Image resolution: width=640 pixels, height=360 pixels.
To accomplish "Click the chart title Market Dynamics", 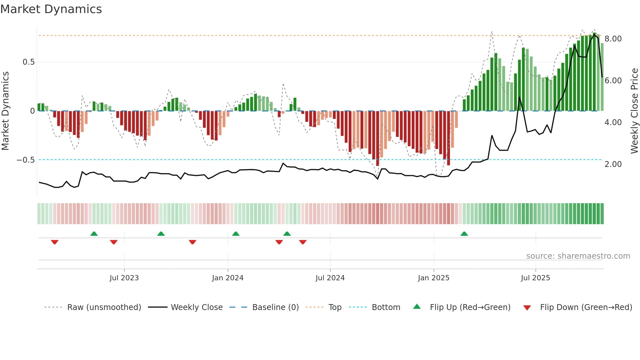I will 51,9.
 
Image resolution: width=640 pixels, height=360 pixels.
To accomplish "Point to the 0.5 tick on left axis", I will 28,62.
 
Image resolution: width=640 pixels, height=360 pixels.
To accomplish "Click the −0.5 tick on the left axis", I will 26,160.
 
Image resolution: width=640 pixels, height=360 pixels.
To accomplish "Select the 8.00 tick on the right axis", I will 613,39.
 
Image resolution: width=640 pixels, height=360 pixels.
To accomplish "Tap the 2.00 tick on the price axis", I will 613,164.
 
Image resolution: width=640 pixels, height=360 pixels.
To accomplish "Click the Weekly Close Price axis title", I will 634,111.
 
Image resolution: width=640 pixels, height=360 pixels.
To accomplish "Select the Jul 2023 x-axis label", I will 124,278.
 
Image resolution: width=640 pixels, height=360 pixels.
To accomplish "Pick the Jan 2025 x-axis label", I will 434,278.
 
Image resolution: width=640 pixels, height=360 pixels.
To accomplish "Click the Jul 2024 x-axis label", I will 330,278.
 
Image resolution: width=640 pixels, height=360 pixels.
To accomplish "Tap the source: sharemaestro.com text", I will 578,256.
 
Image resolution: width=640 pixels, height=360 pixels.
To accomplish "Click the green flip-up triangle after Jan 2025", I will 464,234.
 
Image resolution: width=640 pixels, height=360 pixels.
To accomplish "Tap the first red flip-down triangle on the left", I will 55,242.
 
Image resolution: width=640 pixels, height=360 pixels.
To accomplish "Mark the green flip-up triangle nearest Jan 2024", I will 236,234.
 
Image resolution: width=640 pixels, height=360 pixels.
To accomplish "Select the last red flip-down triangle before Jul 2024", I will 303,242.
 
